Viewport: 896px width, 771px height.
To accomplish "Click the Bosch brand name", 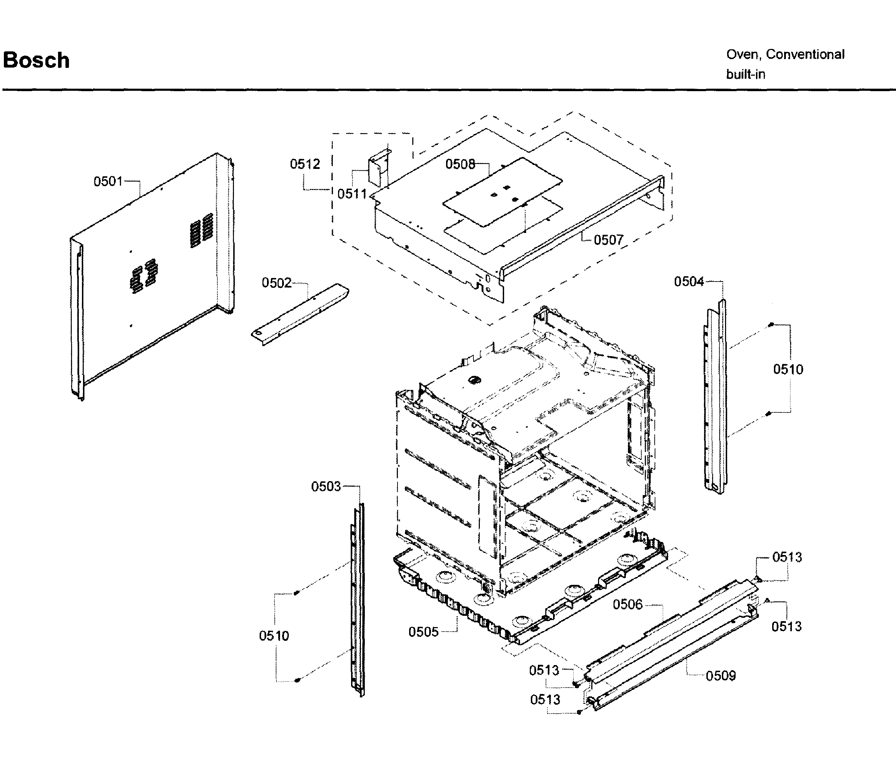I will click(x=36, y=60).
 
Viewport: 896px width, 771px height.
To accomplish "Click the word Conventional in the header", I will click(x=805, y=55).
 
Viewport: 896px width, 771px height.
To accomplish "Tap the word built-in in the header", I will click(x=745, y=74).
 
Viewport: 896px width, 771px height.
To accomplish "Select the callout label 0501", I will click(x=108, y=181).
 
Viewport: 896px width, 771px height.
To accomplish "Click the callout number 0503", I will click(x=326, y=487).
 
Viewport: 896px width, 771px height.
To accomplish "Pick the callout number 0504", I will click(x=689, y=282).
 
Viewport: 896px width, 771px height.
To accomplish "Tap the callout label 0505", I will click(x=423, y=632).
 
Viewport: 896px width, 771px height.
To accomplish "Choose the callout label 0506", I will click(x=628, y=605).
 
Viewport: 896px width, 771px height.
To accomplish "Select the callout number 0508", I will click(x=460, y=164).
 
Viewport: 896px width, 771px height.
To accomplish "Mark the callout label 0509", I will click(x=720, y=676).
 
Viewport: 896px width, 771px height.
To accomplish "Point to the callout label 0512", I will click(x=305, y=164).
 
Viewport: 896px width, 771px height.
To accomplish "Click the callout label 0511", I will click(x=351, y=194).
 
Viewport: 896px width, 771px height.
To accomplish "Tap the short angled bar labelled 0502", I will click(x=300, y=314).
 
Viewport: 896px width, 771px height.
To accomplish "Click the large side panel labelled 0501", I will click(x=151, y=277).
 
